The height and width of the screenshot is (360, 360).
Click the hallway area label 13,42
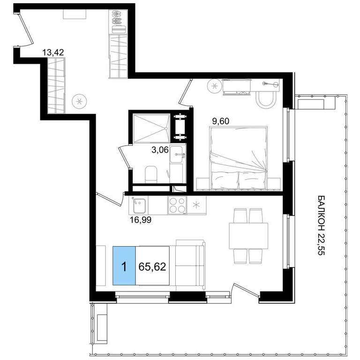tap(53, 52)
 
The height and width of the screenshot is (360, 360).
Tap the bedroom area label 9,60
tap(221, 121)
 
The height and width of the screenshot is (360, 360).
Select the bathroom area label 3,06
tap(160, 150)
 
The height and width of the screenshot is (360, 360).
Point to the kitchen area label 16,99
tap(141, 220)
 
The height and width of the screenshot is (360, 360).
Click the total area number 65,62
tap(152, 267)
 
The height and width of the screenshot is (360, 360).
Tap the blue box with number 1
tap(124, 266)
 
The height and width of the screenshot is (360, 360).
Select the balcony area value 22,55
tap(322, 245)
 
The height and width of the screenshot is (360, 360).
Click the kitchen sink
tap(139, 205)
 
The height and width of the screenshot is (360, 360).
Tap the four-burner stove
tap(177, 205)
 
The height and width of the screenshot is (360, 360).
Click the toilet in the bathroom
tap(151, 174)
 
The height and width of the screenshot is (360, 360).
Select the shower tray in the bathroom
tap(151, 128)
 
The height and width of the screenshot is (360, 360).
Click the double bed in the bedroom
tap(239, 158)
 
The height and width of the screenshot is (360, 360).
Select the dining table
tap(248, 236)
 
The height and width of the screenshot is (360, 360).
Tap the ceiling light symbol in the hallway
tap(79, 101)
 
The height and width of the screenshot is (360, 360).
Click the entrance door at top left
tap(26, 29)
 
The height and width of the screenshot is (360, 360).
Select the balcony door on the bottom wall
tap(245, 291)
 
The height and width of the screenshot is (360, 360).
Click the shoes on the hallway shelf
tap(118, 18)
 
